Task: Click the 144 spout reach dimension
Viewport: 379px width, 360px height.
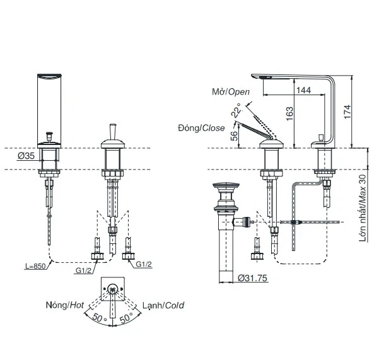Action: pos(303,90)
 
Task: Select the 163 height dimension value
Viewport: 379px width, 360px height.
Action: pos(289,113)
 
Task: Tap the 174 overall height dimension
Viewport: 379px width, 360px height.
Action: pos(347,112)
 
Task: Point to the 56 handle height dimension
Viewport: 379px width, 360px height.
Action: pos(234,136)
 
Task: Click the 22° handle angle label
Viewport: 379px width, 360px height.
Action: pos(236,111)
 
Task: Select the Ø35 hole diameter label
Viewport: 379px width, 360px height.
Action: pos(26,156)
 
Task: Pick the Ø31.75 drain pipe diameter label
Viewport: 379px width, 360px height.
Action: pos(252,278)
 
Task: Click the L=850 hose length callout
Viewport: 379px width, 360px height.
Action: pos(35,266)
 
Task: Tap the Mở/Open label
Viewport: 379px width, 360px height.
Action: pos(231,92)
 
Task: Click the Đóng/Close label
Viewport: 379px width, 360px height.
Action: pos(201,128)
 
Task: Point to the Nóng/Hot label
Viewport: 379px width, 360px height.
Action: pos(65,305)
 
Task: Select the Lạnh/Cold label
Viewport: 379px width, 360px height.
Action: pos(163,305)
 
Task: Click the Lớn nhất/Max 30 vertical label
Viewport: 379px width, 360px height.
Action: pos(363,208)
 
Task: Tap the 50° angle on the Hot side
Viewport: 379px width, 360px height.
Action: pos(100,318)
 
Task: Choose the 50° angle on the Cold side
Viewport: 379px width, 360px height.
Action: pos(127,318)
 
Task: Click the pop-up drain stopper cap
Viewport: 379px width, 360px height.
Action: pos(226,185)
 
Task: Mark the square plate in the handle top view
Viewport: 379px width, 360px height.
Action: pos(113,289)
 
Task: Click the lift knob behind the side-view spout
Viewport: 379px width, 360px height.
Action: pos(321,137)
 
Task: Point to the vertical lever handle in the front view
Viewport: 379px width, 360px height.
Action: pos(113,132)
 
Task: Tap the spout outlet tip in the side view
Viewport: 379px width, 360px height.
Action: pos(254,76)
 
